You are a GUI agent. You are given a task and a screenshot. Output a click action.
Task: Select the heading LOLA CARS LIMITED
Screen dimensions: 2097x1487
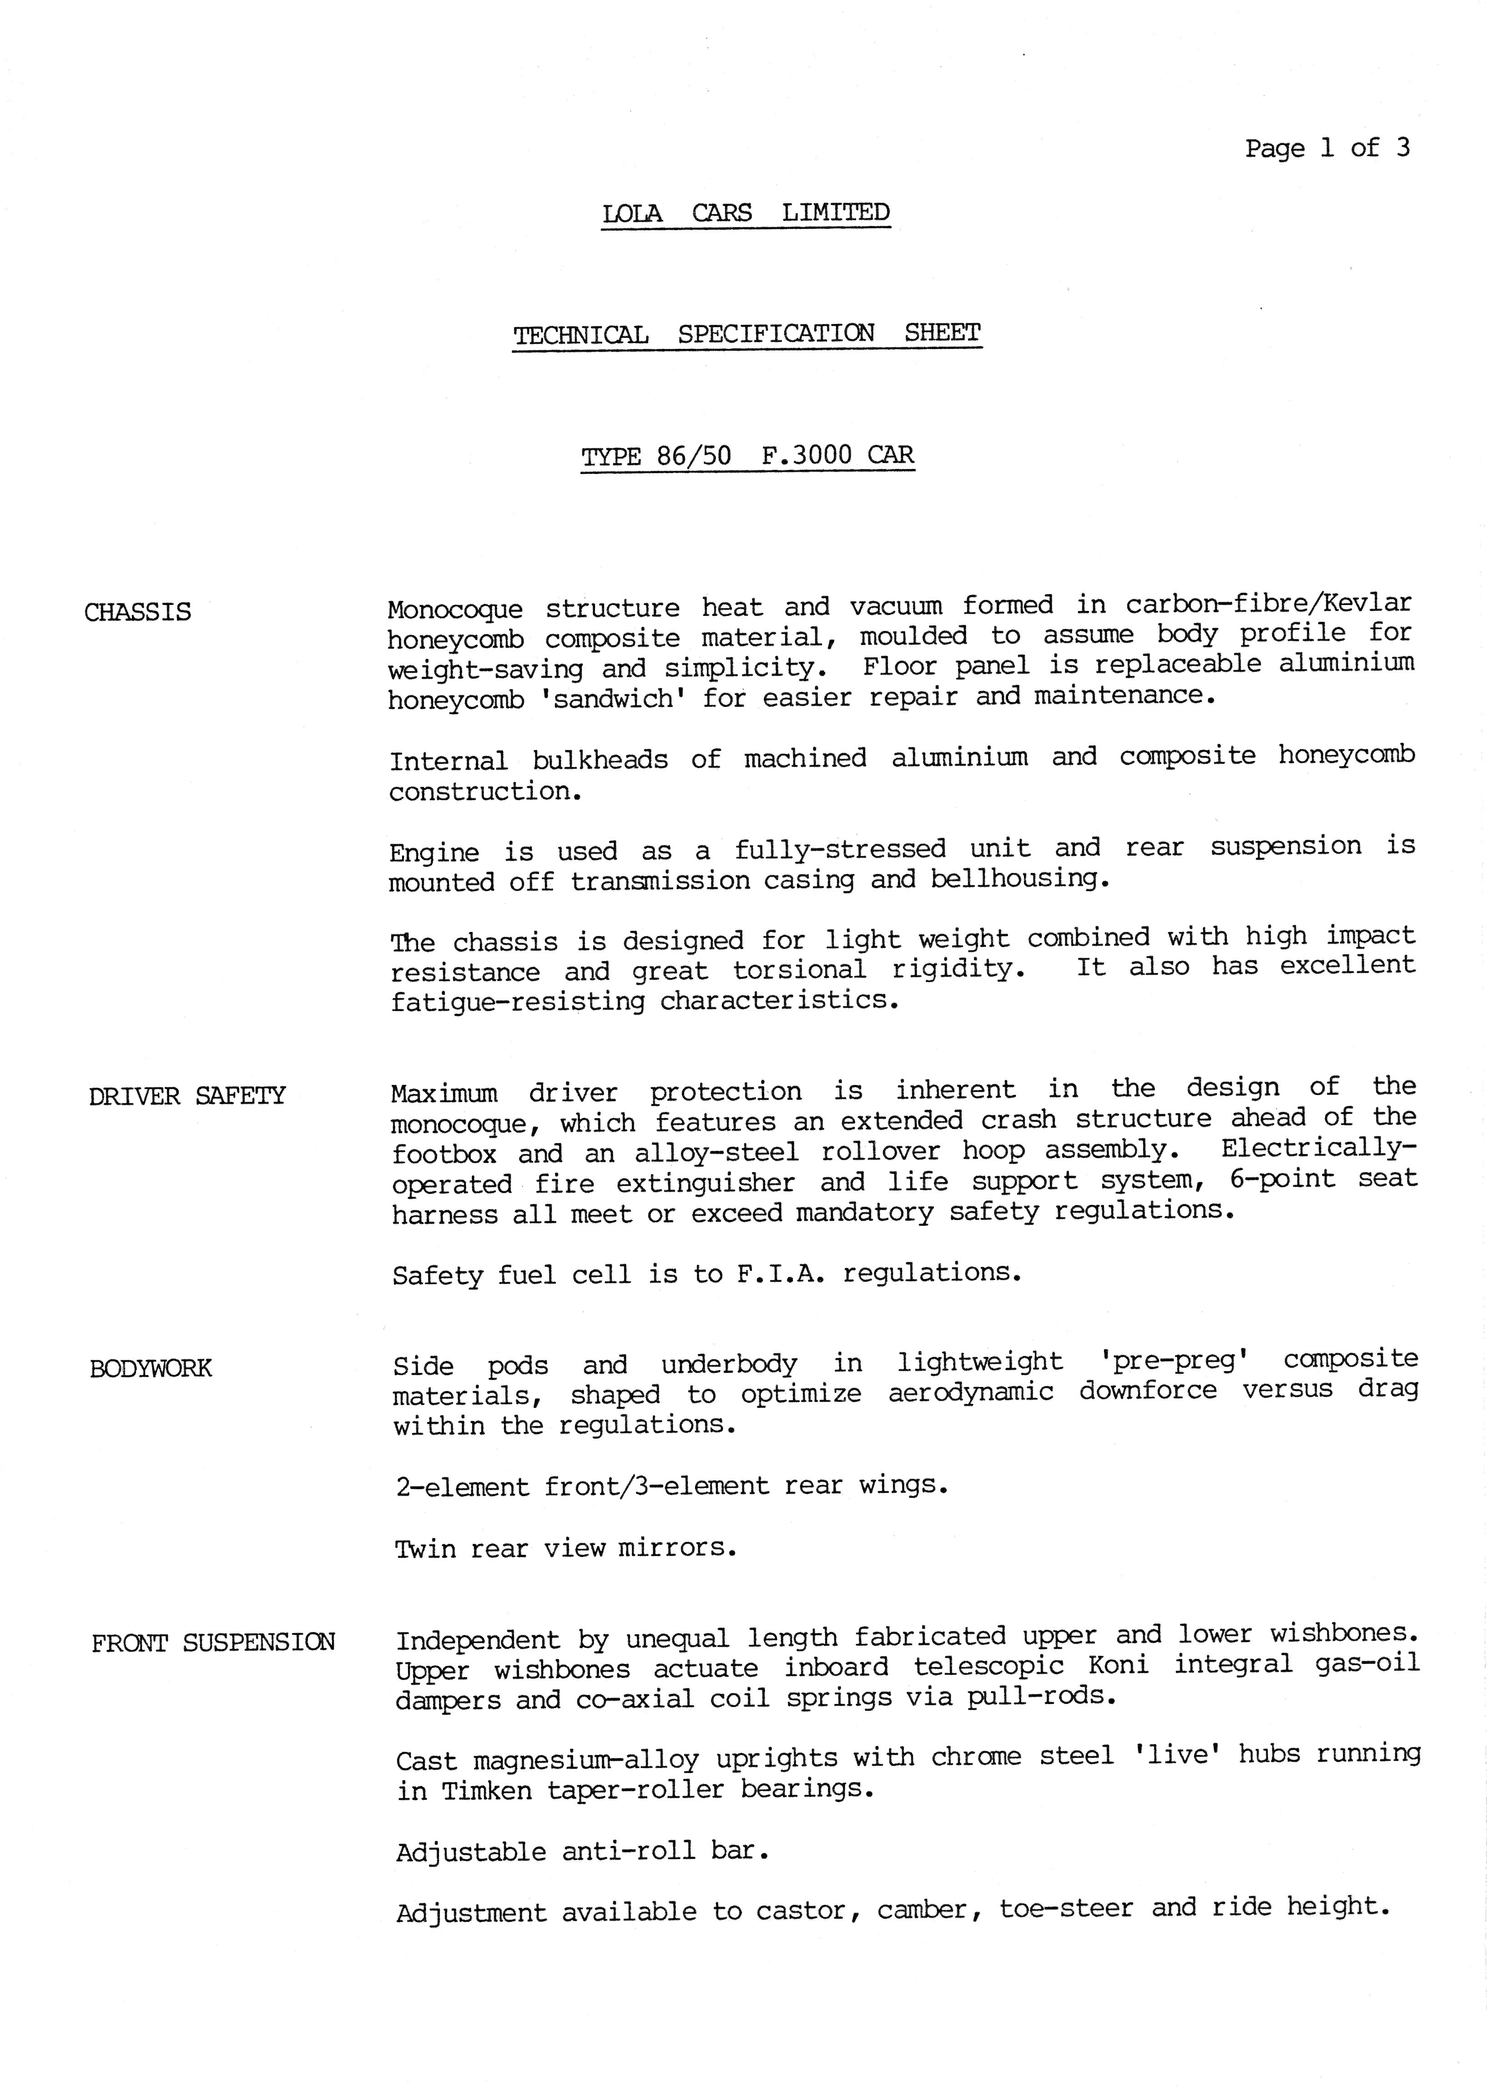(746, 213)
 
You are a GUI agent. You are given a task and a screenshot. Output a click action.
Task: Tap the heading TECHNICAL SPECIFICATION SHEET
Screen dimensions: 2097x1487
(746, 334)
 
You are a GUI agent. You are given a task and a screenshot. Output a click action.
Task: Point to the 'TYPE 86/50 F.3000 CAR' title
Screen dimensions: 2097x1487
(747, 456)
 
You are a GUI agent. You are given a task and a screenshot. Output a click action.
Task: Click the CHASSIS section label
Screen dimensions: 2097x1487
(137, 612)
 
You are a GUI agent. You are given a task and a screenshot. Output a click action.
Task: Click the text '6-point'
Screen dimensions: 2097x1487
(1282, 1180)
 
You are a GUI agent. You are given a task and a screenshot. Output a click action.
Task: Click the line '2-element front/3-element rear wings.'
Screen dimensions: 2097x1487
(671, 1485)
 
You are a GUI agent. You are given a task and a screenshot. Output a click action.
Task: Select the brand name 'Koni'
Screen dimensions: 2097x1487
(1118, 1665)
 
